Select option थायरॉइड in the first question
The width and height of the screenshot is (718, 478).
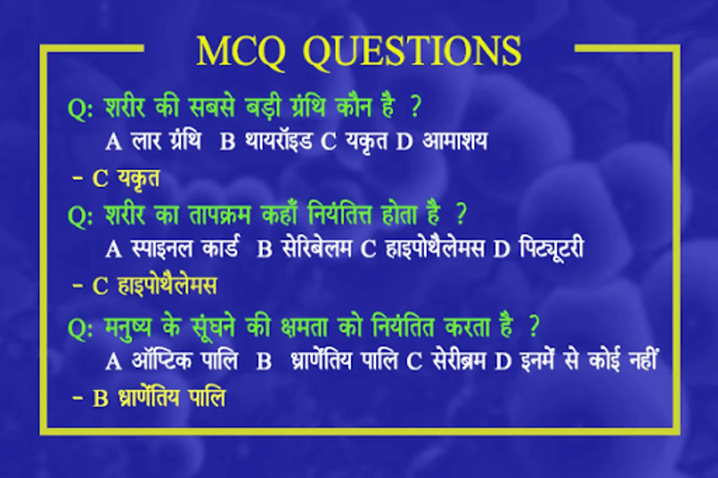[278, 141]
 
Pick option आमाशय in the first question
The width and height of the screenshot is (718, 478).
[454, 141]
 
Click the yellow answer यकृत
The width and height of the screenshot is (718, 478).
[139, 178]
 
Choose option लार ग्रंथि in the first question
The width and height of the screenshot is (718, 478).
[166, 141]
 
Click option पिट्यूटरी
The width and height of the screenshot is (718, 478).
[551, 248]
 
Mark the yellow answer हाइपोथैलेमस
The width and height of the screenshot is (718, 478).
[167, 285]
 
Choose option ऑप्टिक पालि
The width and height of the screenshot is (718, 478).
[185, 360]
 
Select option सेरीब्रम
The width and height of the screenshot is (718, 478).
[459, 361]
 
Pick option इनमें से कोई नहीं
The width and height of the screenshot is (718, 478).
[588, 360]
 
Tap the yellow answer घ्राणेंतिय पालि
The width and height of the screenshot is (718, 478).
[172, 398]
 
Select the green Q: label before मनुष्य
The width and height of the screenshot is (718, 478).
[80, 329]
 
